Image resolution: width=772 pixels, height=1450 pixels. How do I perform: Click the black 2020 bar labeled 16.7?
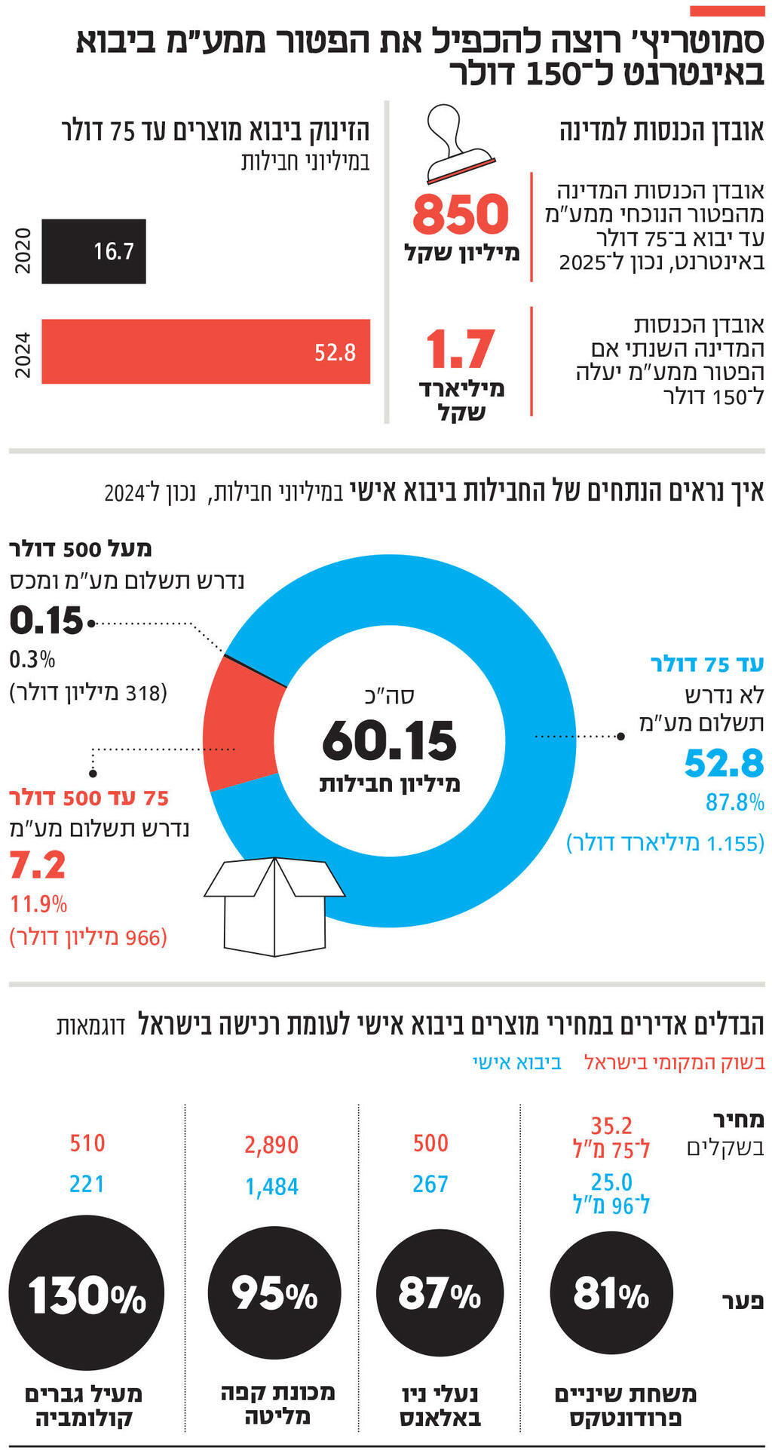(x=93, y=251)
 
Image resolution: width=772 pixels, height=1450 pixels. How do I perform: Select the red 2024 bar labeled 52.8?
(x=205, y=351)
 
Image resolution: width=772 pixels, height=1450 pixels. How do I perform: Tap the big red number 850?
(x=461, y=214)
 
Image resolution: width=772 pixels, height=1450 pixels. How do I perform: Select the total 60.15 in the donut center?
(x=389, y=740)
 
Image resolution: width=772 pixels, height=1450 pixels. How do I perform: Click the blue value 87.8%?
(x=734, y=802)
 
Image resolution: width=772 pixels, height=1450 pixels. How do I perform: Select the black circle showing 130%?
(x=86, y=1294)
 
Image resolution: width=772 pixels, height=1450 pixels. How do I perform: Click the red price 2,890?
(x=271, y=1145)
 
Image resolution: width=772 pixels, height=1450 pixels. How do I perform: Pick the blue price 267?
(x=430, y=1184)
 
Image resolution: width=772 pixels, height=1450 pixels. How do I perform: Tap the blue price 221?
(x=87, y=1184)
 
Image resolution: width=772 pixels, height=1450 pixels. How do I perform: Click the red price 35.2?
(x=611, y=1126)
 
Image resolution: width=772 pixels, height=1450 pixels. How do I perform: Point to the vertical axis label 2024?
(x=23, y=354)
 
